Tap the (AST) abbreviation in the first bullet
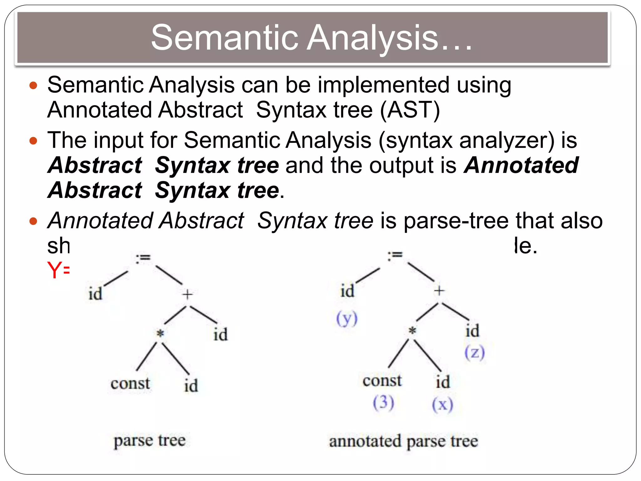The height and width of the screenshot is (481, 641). point(410,110)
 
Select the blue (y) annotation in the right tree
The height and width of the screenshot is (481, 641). point(347,319)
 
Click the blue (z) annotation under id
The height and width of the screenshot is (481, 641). point(474,353)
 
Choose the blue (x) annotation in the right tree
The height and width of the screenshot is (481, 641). point(442,405)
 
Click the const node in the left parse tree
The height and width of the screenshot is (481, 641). point(130,383)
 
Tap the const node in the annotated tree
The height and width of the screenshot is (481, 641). point(382,380)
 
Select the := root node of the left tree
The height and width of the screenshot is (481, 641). point(143,258)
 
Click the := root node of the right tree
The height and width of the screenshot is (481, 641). point(395,255)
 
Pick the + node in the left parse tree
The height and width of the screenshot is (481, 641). point(187,294)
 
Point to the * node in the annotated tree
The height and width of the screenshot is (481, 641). point(413,330)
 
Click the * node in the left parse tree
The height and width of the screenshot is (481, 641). point(160,334)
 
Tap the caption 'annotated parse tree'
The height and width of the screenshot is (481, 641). point(403,441)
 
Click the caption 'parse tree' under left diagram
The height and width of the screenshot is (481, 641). point(150,441)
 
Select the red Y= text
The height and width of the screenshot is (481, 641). point(58,270)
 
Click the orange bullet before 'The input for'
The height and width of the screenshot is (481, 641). point(33,141)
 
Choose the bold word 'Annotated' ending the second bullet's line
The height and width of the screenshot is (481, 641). point(521,165)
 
